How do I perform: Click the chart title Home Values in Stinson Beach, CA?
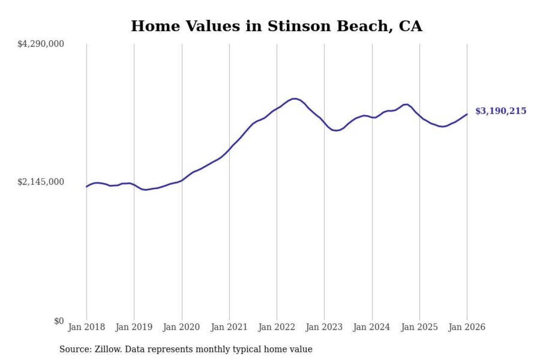pyautogui.click(x=276, y=26)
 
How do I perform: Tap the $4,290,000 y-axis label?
pyautogui.click(x=40, y=44)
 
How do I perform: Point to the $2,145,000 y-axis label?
pyautogui.click(x=40, y=182)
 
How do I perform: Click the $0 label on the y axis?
pyautogui.click(x=59, y=321)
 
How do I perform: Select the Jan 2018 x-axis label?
pyautogui.click(x=86, y=328)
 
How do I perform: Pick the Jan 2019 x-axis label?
pyautogui.click(x=134, y=328)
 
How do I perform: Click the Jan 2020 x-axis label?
pyautogui.click(x=182, y=328)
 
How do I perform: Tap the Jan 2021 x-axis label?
pyautogui.click(x=229, y=328)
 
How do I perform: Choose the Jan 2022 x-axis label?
pyautogui.click(x=277, y=328)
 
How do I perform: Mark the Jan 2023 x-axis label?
pyautogui.click(x=324, y=328)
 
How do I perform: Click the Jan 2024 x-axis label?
pyautogui.click(x=372, y=328)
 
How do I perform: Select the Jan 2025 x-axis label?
pyautogui.click(x=420, y=328)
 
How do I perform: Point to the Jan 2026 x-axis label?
pyautogui.click(x=467, y=328)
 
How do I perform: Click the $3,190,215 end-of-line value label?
pyautogui.click(x=501, y=111)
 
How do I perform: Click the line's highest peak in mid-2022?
pyautogui.click(x=295, y=98)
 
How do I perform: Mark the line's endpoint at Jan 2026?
pyautogui.click(x=467, y=114)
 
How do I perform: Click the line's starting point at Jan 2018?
pyautogui.click(x=86, y=187)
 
